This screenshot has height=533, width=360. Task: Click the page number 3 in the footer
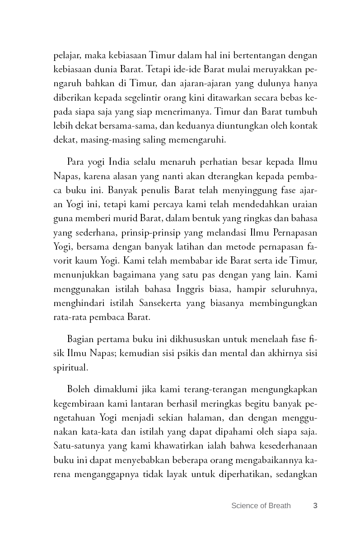pyautogui.click(x=315, y=505)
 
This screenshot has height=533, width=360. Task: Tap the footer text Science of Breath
pyautogui.click(x=261, y=505)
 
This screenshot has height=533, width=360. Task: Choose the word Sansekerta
pyautogui.click(x=180, y=302)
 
